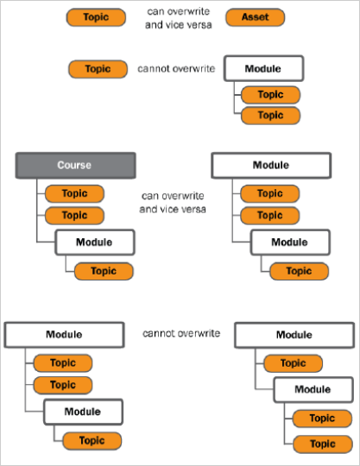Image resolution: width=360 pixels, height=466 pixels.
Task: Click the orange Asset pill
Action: (x=255, y=17)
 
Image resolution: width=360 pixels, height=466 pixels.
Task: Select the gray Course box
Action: (x=75, y=166)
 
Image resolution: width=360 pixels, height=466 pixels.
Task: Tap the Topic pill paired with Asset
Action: (x=96, y=17)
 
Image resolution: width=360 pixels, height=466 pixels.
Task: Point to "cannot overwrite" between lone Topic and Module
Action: (x=176, y=69)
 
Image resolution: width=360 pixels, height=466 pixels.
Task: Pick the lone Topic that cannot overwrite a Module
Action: (x=98, y=69)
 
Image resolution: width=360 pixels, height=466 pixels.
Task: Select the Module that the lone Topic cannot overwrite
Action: (x=263, y=68)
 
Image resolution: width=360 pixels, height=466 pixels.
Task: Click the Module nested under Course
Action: (x=95, y=242)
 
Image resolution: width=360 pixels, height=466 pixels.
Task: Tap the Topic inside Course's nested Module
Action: (x=104, y=271)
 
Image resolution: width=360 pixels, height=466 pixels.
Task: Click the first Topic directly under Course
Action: (x=74, y=193)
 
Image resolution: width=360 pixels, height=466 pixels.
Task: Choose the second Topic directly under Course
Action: (x=74, y=216)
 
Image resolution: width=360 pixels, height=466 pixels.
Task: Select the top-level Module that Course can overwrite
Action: (x=271, y=165)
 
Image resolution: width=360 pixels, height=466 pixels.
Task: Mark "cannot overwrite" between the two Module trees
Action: (x=181, y=333)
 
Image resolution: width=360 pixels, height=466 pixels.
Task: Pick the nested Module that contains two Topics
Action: (x=313, y=389)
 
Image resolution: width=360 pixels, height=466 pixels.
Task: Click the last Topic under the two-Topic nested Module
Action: (x=323, y=444)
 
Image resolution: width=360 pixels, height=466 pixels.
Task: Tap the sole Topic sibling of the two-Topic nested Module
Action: (x=294, y=363)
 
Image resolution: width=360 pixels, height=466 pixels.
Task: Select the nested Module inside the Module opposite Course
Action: (x=290, y=242)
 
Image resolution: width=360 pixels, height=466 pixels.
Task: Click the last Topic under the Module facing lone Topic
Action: (x=270, y=116)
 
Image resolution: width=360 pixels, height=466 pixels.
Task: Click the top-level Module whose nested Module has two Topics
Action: (x=294, y=335)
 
